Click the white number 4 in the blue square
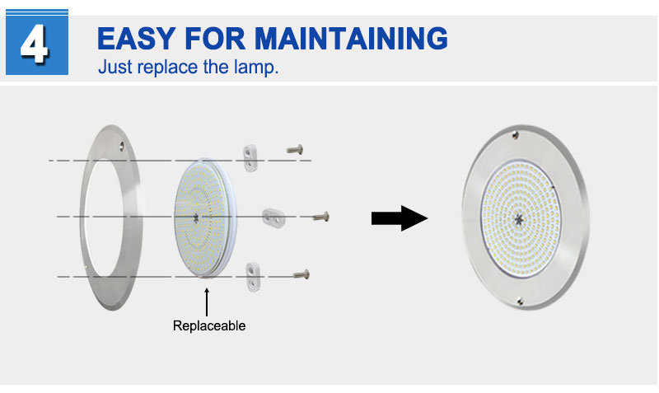pyautogui.click(x=35, y=44)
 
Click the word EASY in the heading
pyautogui.click(x=136, y=39)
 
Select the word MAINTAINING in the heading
pyautogui.click(x=352, y=39)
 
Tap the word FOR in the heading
pyautogui.click(x=215, y=39)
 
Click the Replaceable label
pyautogui.click(x=209, y=325)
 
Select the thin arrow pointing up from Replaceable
pyautogui.click(x=207, y=302)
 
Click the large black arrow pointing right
pyautogui.click(x=400, y=218)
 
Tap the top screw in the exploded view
pyautogui.click(x=295, y=150)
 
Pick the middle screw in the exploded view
pyautogui.click(x=321, y=217)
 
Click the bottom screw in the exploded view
pyautogui.click(x=301, y=275)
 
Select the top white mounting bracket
pyautogui.click(x=250, y=158)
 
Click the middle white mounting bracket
pyautogui.click(x=273, y=218)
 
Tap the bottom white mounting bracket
pyautogui.click(x=253, y=277)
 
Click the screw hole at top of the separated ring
pyautogui.click(x=121, y=146)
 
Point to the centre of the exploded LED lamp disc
pyautogui.click(x=196, y=218)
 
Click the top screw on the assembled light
pyautogui.click(x=516, y=135)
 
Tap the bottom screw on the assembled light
pyautogui.click(x=520, y=301)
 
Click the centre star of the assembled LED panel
pyautogui.click(x=519, y=218)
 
